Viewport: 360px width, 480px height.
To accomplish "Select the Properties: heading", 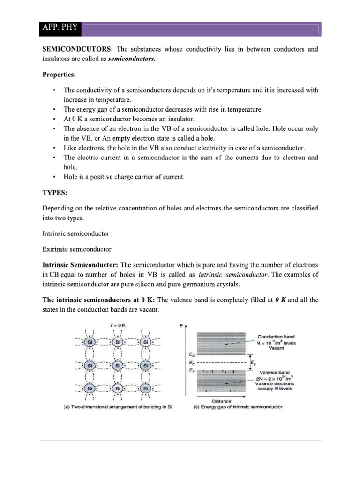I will tap(60, 75).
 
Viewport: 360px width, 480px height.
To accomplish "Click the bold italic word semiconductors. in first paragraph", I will tap(132, 59).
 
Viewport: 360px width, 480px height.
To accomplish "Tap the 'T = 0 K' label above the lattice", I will tap(117, 324).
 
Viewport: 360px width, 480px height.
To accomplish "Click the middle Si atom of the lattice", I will tap(117, 365).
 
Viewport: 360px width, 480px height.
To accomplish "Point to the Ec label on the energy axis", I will tap(191, 355).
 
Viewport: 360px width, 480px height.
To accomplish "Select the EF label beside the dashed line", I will tap(191, 363).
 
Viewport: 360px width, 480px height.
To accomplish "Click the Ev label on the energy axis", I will tap(191, 370).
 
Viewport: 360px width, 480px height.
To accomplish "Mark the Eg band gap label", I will tap(254, 362).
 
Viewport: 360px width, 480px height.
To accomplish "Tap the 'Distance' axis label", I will tap(222, 401).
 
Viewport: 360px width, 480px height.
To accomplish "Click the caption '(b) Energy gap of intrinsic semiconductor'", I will tap(238, 407).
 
